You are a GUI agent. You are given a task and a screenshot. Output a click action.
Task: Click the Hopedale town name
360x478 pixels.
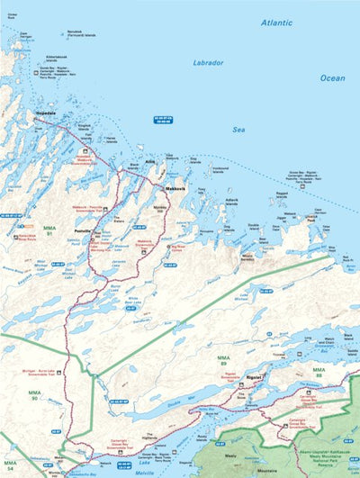[44, 113]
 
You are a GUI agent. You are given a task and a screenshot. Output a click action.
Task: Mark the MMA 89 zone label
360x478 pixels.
[222, 361]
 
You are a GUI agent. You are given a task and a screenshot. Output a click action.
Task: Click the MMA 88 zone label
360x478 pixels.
[319, 372]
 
